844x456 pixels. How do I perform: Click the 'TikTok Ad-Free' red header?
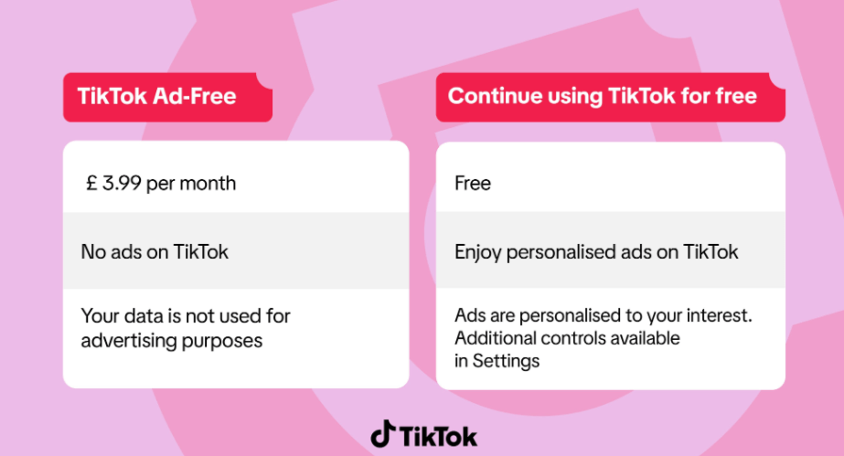pos(167,97)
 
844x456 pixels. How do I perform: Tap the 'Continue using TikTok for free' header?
pos(611,97)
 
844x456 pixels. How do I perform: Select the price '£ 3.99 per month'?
pos(161,184)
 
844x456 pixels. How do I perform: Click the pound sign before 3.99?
pos(91,184)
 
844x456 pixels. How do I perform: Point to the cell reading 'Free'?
pos(473,184)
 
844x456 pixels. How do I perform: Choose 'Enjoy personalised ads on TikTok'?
pos(596,252)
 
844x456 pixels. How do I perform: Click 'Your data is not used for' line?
pos(186,315)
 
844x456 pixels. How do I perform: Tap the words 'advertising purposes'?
pos(172,341)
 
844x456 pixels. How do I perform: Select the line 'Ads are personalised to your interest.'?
pos(604,315)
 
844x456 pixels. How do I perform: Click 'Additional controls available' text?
pos(567,338)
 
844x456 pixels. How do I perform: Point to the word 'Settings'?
pos(506,361)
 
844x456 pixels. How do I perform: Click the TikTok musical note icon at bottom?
pos(383,433)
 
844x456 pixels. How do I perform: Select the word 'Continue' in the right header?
pos(495,96)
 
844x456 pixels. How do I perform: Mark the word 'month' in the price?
pos(208,184)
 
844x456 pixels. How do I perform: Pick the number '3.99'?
pos(123,184)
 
